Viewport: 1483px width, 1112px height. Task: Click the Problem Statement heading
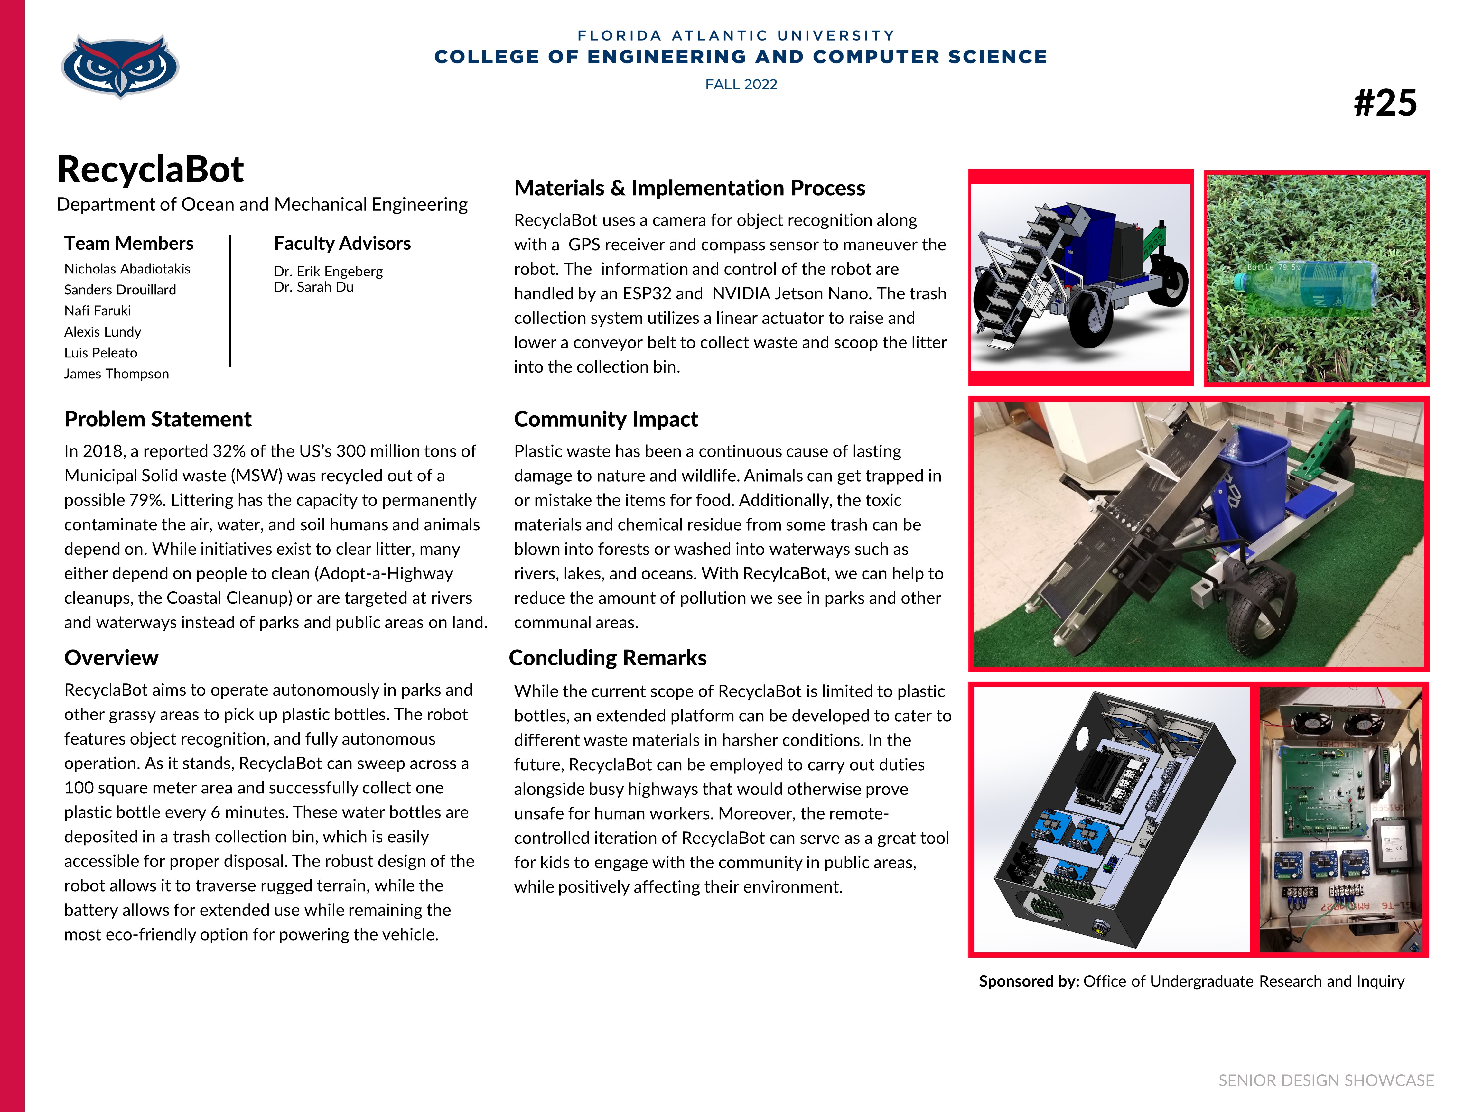(158, 419)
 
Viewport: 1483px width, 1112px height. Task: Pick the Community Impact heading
(605, 419)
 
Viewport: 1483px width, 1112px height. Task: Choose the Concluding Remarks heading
(607, 658)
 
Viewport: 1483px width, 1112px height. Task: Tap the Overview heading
(111, 658)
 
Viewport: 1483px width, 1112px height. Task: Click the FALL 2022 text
(741, 84)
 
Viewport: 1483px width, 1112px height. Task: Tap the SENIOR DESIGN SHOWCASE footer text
(1325, 1080)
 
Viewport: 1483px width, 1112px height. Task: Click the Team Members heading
(129, 243)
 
